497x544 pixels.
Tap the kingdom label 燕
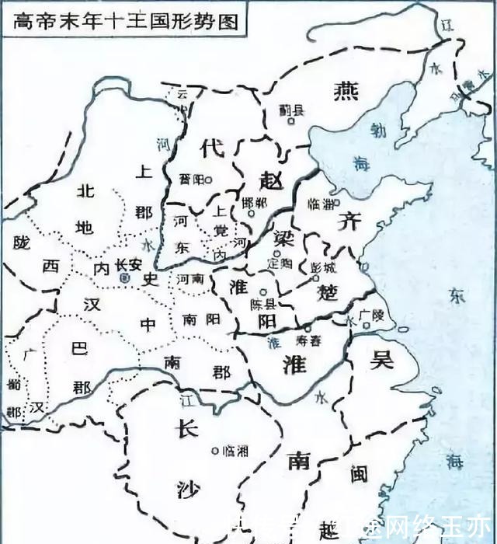[x=343, y=92]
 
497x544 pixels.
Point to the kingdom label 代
[x=210, y=148]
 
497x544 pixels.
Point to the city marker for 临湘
[x=215, y=450]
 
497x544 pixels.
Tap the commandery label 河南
[x=189, y=277]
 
